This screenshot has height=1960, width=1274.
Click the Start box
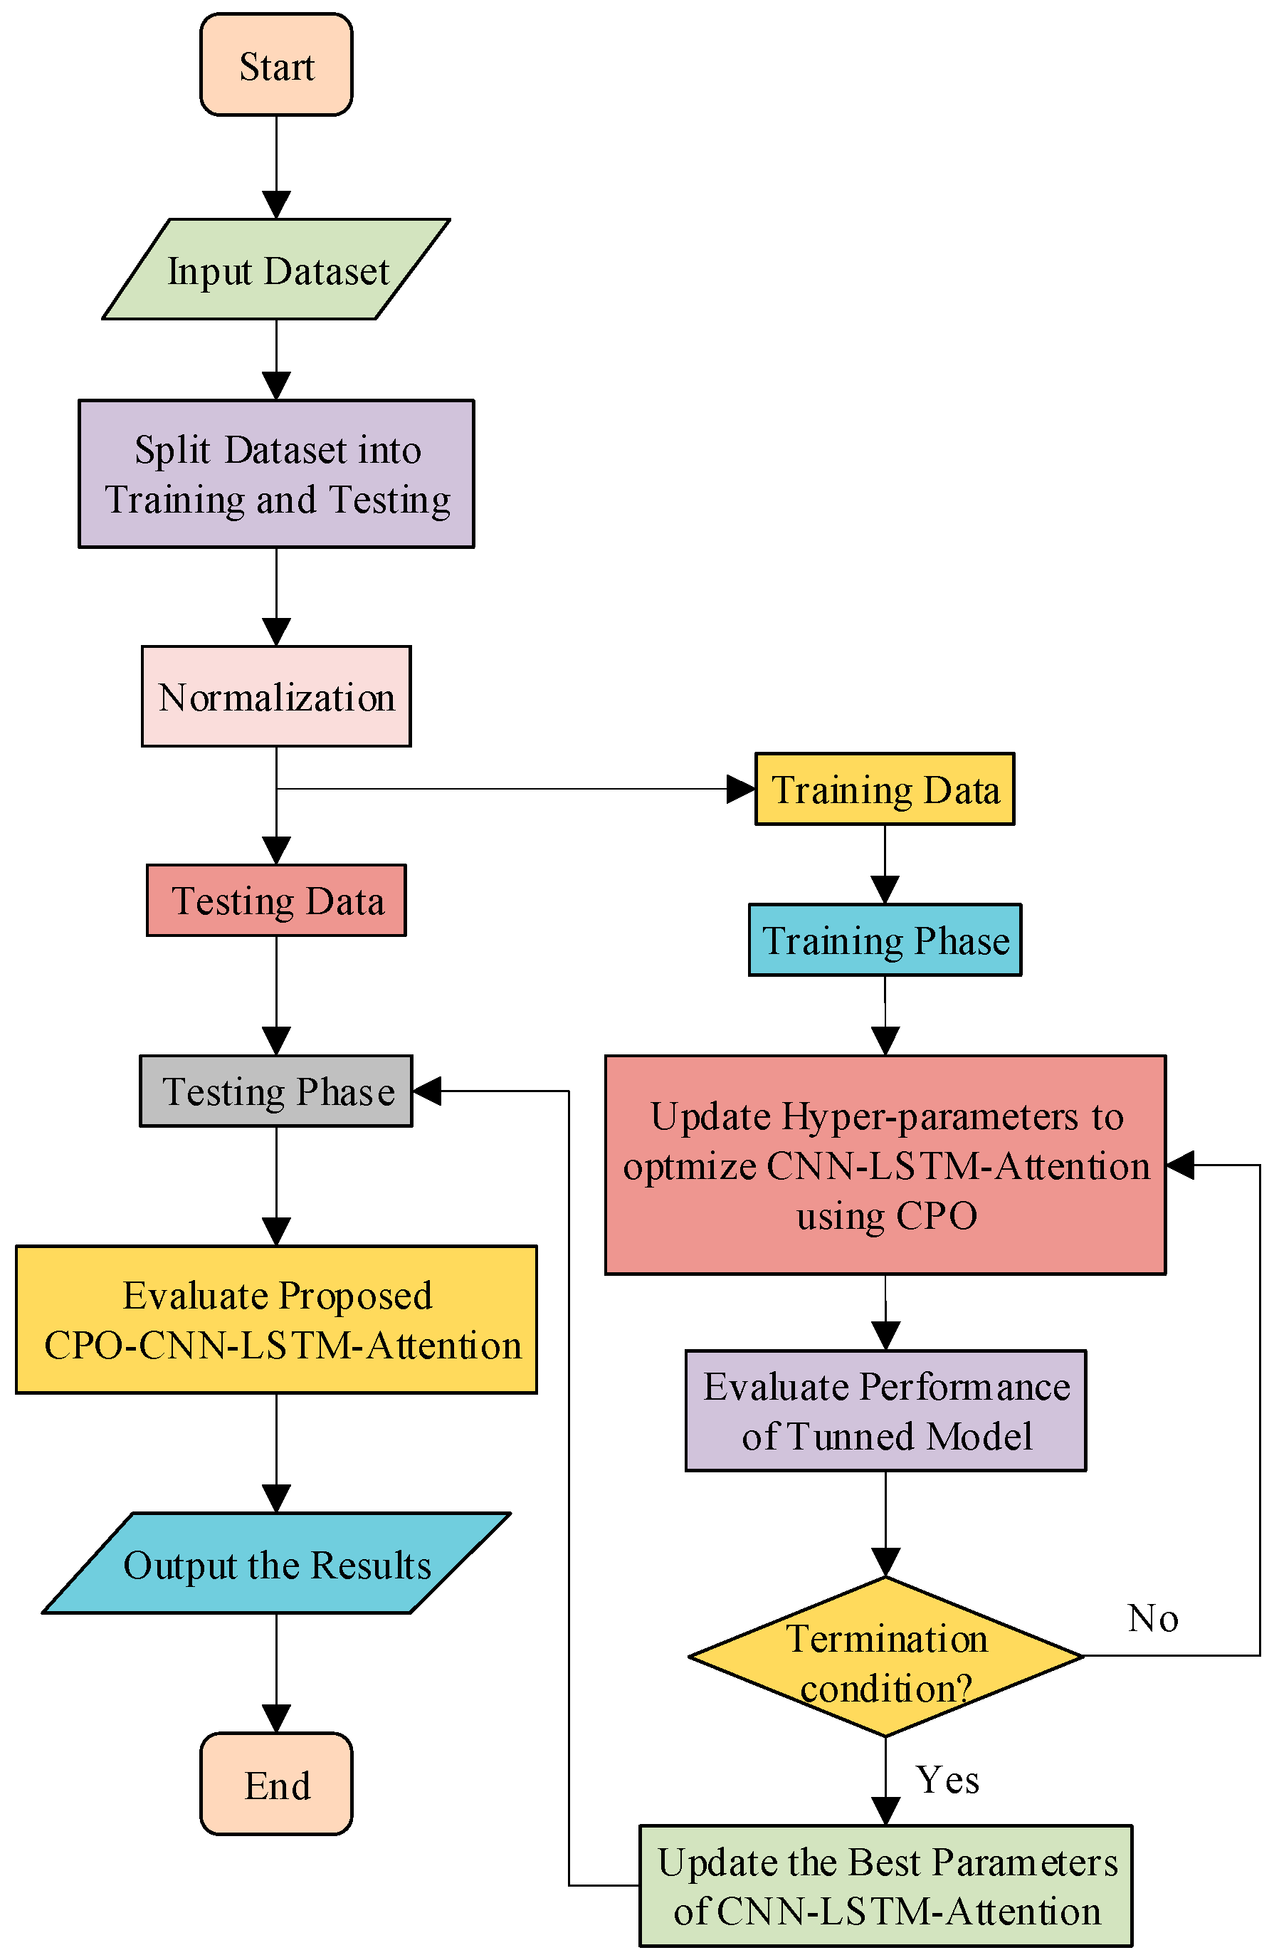pos(276,64)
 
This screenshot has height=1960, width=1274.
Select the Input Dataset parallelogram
pos(276,269)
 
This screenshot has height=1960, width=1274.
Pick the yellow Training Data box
pos(885,788)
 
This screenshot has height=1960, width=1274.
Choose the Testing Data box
pos(276,899)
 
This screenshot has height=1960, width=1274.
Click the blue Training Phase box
pos(885,939)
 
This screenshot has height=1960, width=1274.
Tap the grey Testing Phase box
pos(276,1091)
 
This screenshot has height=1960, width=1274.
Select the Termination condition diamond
pos(885,1655)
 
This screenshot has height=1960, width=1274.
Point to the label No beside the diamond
pos(1152,1618)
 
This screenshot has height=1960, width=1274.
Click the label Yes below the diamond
pos(947,1779)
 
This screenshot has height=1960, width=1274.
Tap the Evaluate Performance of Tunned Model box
pos(885,1410)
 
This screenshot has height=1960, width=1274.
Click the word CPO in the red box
pos(937,1215)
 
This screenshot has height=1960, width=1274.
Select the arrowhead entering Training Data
pos(740,788)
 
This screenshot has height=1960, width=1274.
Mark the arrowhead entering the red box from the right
pos(1180,1165)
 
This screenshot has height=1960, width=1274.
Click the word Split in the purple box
pos(172,450)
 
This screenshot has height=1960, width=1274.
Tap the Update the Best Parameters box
pos(885,1886)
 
